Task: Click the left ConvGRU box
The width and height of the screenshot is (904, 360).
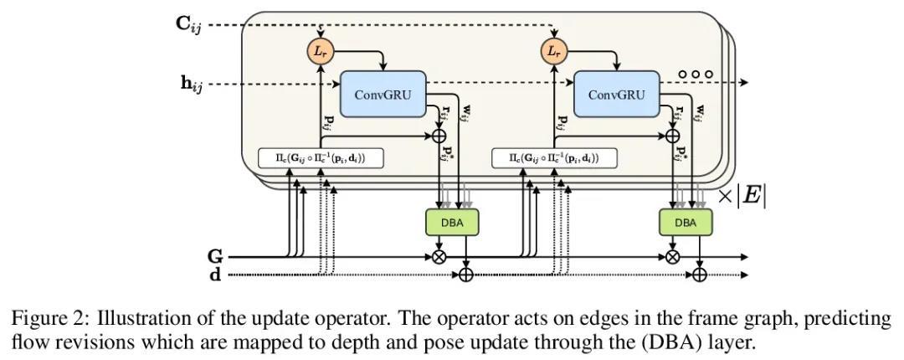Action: [383, 94]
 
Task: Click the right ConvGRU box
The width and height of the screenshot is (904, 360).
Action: [617, 94]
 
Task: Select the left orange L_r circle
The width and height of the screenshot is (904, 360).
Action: [320, 52]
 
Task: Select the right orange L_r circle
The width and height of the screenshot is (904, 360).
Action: [553, 52]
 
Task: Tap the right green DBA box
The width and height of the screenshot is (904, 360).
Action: [686, 223]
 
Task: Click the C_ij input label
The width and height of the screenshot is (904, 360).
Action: [188, 24]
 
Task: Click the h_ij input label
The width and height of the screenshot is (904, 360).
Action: [188, 84]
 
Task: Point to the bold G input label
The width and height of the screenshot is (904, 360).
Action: [215, 257]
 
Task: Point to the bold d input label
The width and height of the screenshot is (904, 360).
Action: [215, 274]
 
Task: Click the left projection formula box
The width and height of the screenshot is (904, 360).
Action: [321, 157]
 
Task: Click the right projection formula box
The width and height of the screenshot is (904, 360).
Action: [556, 157]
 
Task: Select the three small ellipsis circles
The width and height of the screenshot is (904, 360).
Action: [696, 74]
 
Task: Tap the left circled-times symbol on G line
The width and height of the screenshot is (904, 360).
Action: [439, 257]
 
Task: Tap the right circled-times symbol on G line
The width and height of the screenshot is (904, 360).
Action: [672, 257]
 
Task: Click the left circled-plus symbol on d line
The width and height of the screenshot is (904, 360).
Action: [466, 274]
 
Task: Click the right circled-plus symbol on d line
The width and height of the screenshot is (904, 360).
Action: [700, 274]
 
